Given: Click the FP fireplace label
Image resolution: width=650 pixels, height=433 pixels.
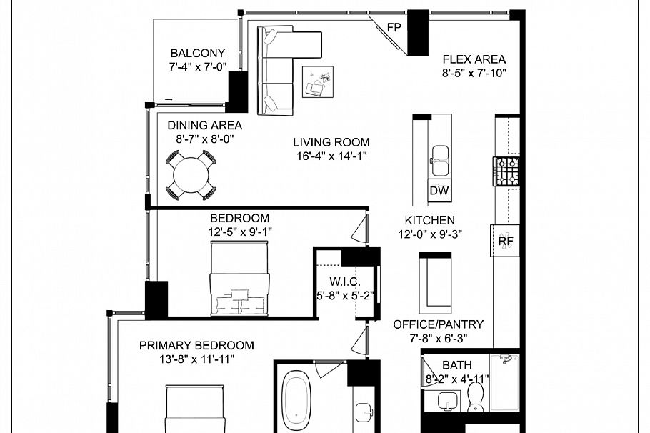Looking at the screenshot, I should coord(394,28).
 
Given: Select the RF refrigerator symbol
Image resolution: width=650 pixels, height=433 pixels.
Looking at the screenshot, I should coord(506,242).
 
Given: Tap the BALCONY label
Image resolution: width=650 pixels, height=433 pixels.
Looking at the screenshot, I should coord(197,53).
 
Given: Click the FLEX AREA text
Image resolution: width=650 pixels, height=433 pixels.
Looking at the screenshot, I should coord(474,59).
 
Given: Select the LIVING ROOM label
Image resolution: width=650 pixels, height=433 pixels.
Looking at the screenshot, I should coord(331,143).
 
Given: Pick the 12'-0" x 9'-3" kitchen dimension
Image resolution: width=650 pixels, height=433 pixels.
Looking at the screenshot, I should coord(429,234).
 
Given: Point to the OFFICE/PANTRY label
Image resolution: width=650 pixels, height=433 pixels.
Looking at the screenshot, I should coord(438,324).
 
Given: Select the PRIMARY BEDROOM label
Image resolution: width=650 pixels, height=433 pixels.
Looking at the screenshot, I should coord(196,345).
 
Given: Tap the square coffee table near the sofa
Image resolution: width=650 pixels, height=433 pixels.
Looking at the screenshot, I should coord(318,81).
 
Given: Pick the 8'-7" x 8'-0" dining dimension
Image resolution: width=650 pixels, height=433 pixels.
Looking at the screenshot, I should coord(200,140).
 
